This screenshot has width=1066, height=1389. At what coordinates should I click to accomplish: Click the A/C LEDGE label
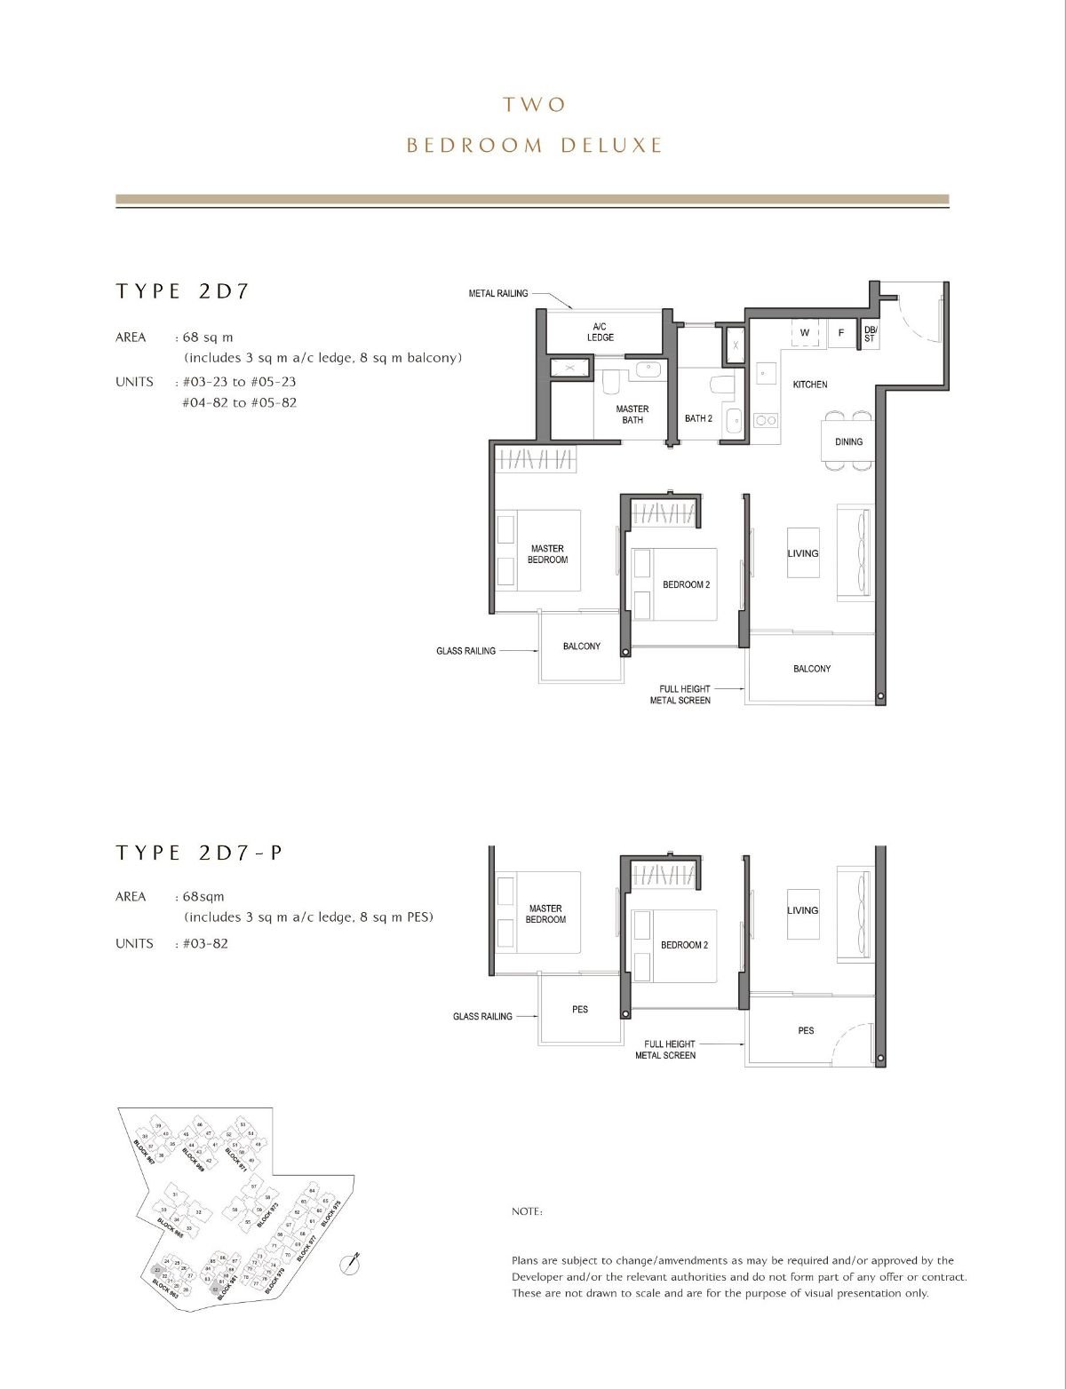click(x=601, y=331)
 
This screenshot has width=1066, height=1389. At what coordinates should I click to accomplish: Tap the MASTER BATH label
click(x=632, y=414)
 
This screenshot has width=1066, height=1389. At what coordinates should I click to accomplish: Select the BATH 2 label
click(x=698, y=418)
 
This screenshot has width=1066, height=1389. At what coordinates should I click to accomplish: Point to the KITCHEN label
click(x=809, y=385)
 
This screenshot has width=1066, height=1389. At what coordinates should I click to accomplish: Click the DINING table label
click(x=848, y=441)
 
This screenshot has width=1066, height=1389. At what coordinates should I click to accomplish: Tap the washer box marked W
click(x=805, y=333)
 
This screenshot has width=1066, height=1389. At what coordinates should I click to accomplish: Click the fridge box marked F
click(x=840, y=333)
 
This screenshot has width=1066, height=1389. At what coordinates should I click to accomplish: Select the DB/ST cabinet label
click(x=869, y=333)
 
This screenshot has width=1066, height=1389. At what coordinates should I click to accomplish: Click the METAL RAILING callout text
click(x=498, y=293)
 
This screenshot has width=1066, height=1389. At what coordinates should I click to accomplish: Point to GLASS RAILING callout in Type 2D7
click(x=465, y=651)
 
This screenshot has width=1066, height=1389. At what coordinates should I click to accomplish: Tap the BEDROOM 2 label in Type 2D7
click(x=686, y=584)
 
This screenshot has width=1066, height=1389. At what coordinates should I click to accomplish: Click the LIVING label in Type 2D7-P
click(x=802, y=910)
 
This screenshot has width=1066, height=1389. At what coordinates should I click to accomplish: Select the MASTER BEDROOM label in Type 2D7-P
click(x=545, y=914)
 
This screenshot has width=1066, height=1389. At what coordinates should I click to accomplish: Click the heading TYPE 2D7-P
click(x=199, y=853)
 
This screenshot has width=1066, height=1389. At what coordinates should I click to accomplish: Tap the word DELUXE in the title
click(x=611, y=146)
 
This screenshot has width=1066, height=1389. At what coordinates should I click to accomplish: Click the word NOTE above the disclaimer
click(x=527, y=1211)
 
